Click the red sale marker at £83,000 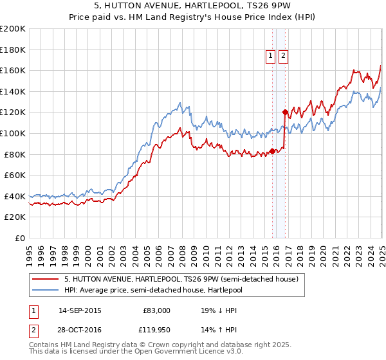click(272, 151)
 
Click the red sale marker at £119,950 click(285, 112)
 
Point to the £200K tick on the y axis click(13, 29)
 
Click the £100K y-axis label click(13, 133)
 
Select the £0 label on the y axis click(19, 238)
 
